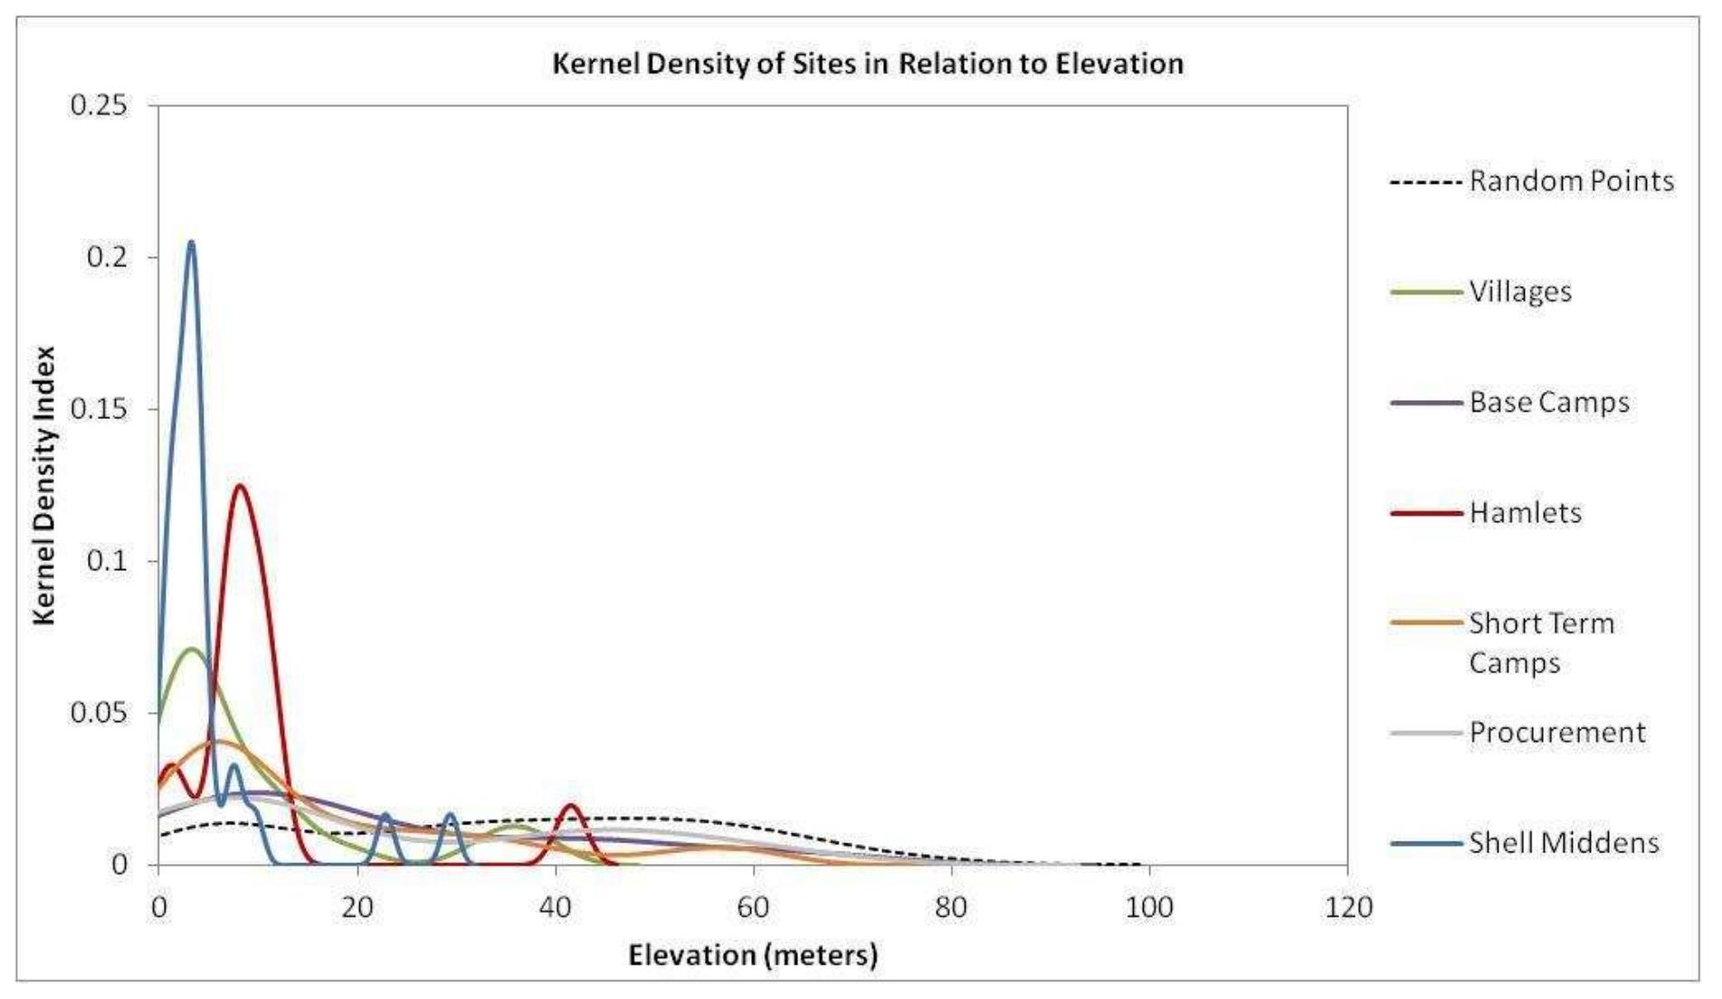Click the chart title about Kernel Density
867,63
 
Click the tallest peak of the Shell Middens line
190,243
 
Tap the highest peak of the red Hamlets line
240,486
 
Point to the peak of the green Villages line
191,649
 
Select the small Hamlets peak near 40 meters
571,804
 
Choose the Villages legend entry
1519,291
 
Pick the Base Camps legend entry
1548,402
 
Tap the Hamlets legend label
1525,513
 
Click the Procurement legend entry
1556,732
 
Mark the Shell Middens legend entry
1563,842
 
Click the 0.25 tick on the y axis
100,105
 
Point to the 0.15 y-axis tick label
100,409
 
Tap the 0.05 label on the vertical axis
100,713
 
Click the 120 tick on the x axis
1348,906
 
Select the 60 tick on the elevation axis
753,906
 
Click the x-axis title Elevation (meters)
753,955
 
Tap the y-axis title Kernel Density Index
44,485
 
